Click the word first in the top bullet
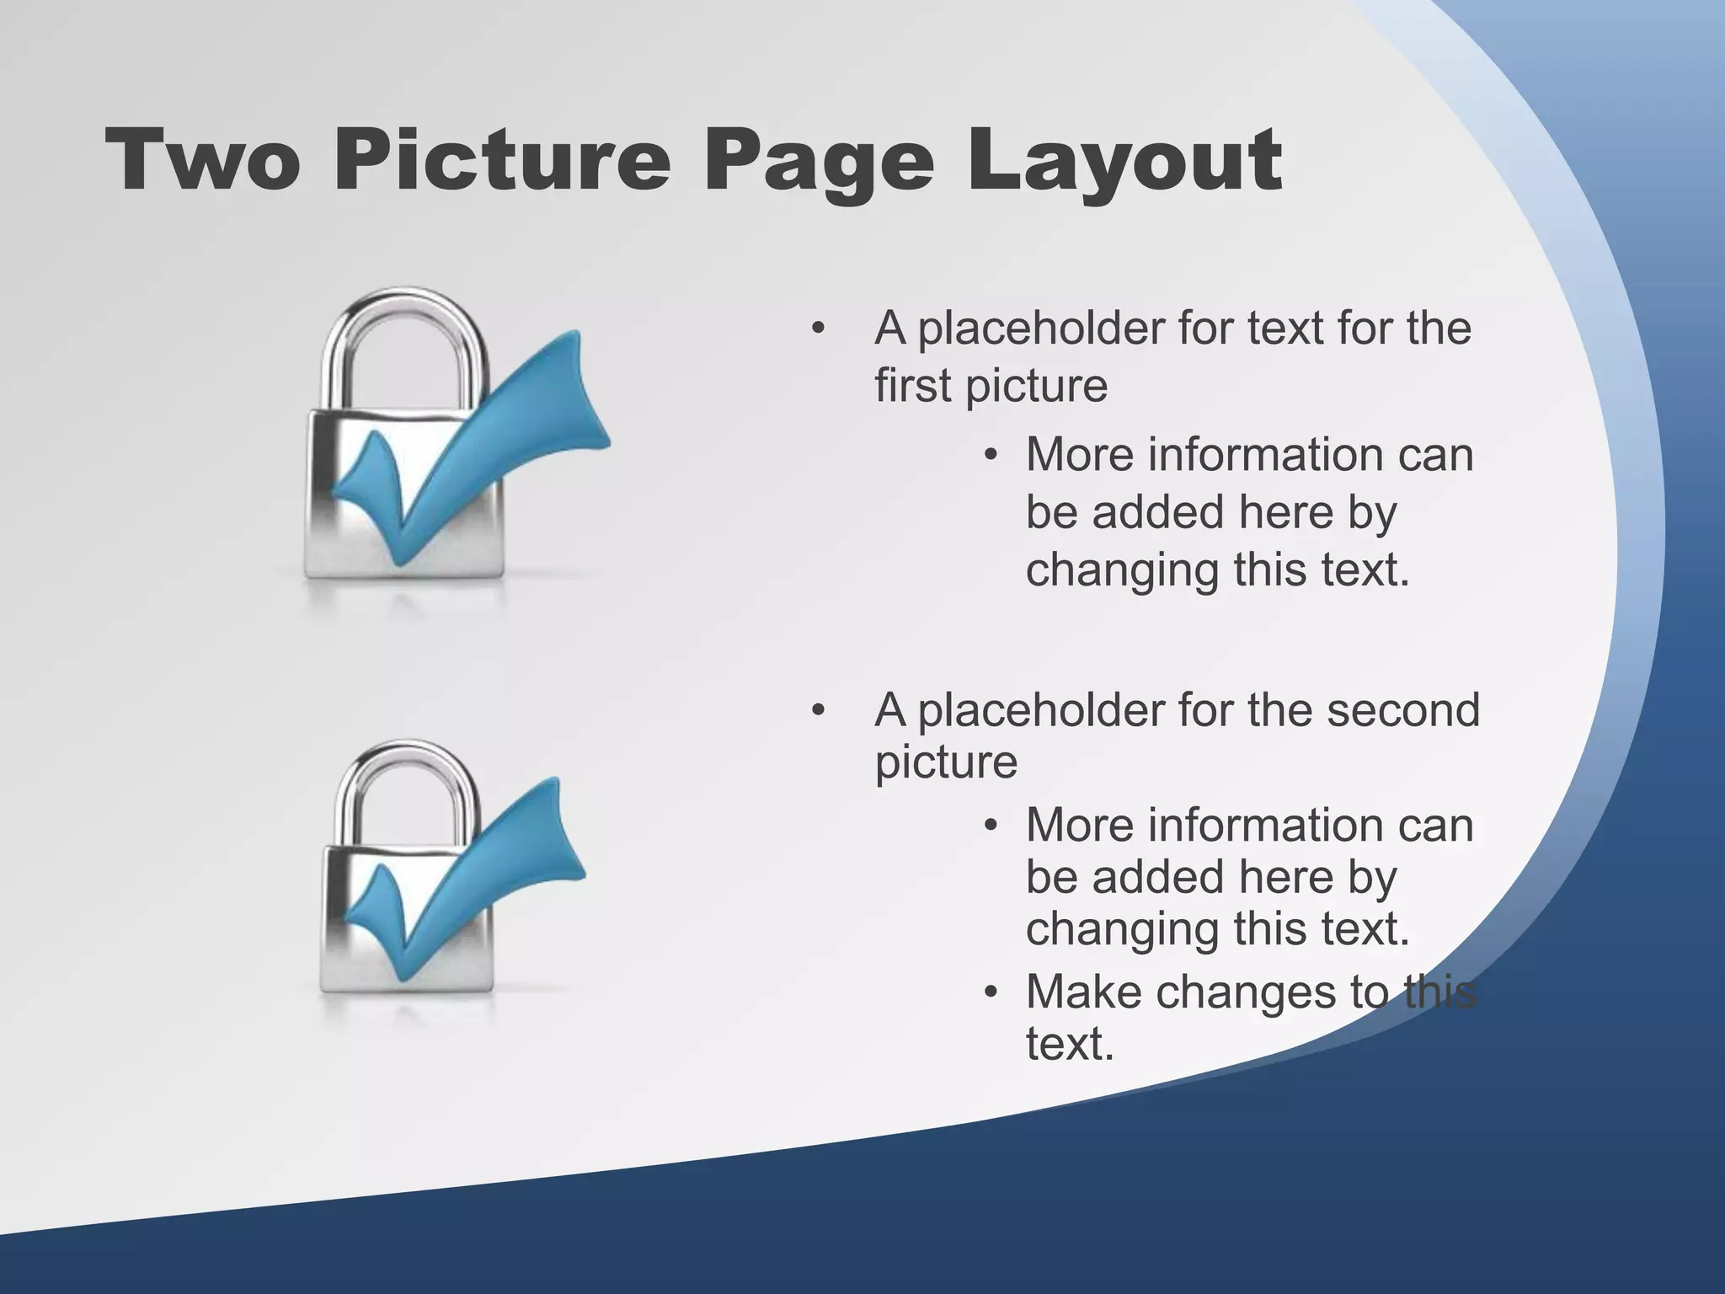point(913,386)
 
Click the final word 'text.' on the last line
point(1070,1044)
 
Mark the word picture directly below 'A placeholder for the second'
point(946,762)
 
